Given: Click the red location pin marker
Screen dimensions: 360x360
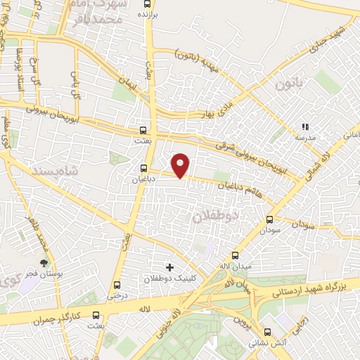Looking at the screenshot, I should [x=181, y=165].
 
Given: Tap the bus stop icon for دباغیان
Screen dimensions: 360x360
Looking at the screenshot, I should [x=144, y=169].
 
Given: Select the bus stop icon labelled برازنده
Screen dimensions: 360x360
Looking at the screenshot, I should [x=144, y=4].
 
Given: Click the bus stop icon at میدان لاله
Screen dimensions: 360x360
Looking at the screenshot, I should [x=235, y=255].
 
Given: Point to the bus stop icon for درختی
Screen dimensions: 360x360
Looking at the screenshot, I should [x=117, y=285].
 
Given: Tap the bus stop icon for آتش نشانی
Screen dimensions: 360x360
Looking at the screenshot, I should [x=266, y=333].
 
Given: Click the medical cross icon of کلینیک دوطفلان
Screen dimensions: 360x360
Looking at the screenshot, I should [x=169, y=267].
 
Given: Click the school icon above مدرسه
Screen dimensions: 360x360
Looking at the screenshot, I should [x=304, y=127].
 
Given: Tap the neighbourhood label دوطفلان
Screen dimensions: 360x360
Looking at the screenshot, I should [x=217, y=217].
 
